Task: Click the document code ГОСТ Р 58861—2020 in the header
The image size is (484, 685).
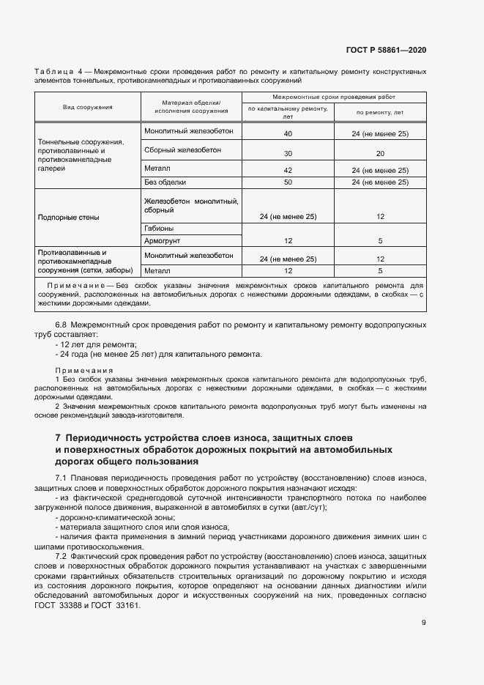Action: tap(386, 51)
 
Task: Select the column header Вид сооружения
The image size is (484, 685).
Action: tap(87, 107)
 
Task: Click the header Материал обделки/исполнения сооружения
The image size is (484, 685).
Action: tap(190, 106)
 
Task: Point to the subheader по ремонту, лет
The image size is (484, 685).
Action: tap(380, 113)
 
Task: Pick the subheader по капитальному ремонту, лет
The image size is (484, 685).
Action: tap(287, 112)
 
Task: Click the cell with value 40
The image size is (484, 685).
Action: tap(287, 134)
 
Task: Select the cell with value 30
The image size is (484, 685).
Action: tap(287, 154)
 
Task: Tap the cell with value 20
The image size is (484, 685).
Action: tap(380, 154)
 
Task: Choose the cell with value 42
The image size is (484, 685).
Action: tap(287, 170)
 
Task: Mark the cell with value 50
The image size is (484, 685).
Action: tap(287, 182)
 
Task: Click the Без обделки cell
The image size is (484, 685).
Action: tap(165, 182)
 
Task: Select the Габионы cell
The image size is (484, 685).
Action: tap(159, 228)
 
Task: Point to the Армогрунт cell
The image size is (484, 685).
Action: tap(163, 240)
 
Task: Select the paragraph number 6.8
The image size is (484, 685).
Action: tap(62, 324)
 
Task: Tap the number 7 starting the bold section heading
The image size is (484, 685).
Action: tap(59, 437)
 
